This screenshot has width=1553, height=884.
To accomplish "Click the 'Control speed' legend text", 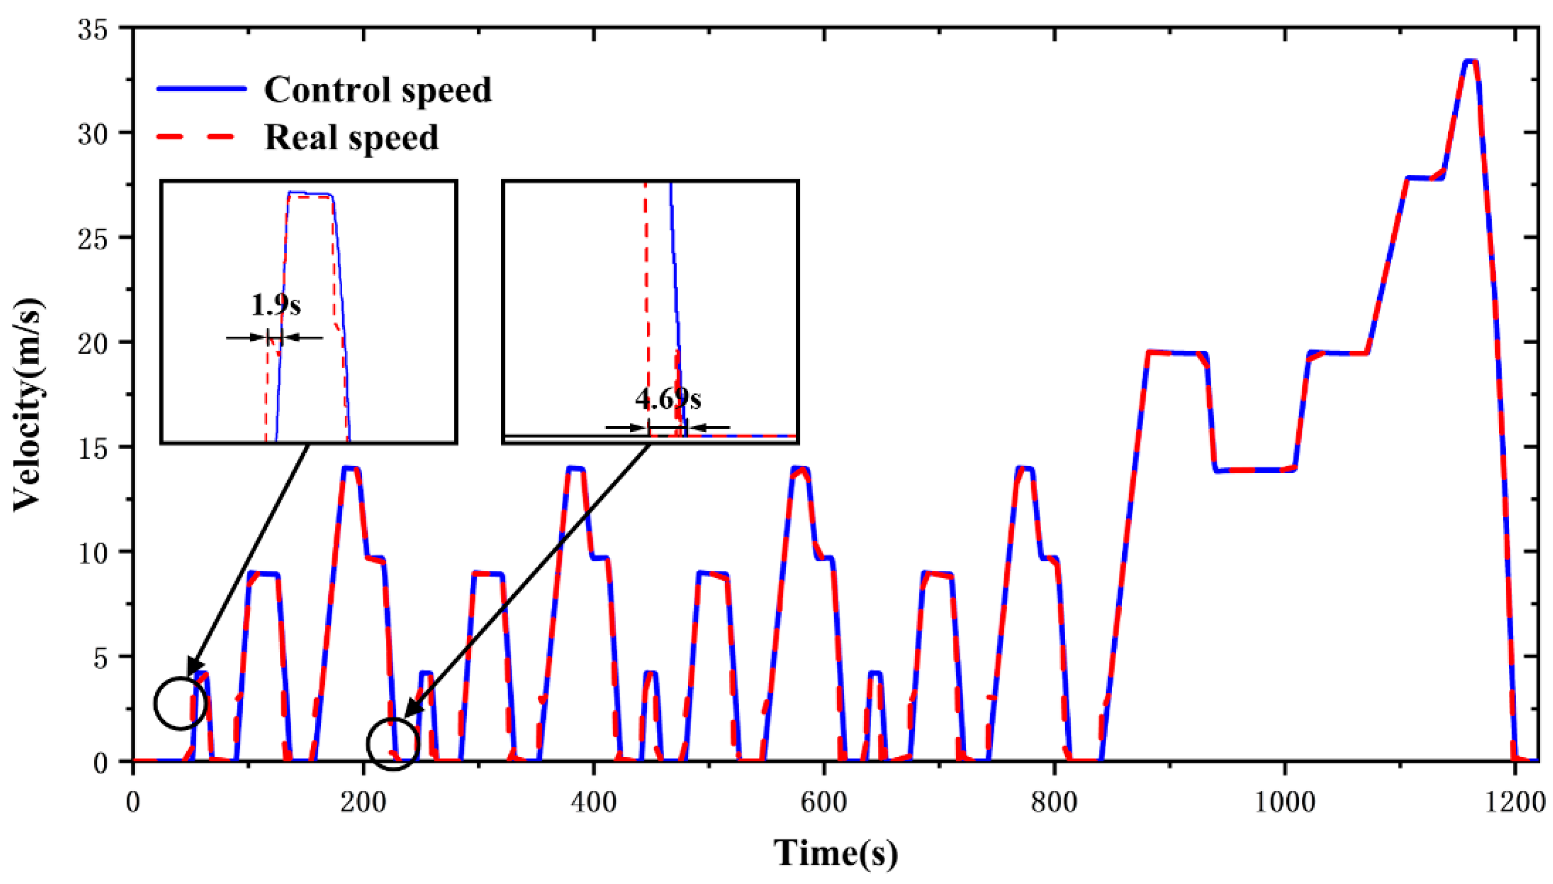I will click(378, 90).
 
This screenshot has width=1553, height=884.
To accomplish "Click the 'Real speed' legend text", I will click(352, 137).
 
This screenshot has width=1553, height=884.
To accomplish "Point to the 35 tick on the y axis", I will click(98, 29).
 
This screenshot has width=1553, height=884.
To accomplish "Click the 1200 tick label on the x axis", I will click(1516, 803).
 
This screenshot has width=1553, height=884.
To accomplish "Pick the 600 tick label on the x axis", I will click(823, 803).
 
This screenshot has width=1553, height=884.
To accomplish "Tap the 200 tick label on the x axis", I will click(363, 803).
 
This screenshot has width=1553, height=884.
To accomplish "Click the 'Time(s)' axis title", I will click(835, 852).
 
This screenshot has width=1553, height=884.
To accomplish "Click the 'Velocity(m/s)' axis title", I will click(29, 404).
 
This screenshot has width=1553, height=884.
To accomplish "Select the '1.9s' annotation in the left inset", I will click(276, 304).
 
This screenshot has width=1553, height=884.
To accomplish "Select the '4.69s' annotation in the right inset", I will click(668, 399).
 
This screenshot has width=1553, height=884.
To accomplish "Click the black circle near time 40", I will click(181, 703).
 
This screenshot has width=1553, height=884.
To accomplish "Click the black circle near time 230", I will click(393, 744).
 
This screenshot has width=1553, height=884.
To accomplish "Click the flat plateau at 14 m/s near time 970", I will click(1250, 470).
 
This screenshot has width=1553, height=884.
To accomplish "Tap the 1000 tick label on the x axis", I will click(1285, 803).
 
